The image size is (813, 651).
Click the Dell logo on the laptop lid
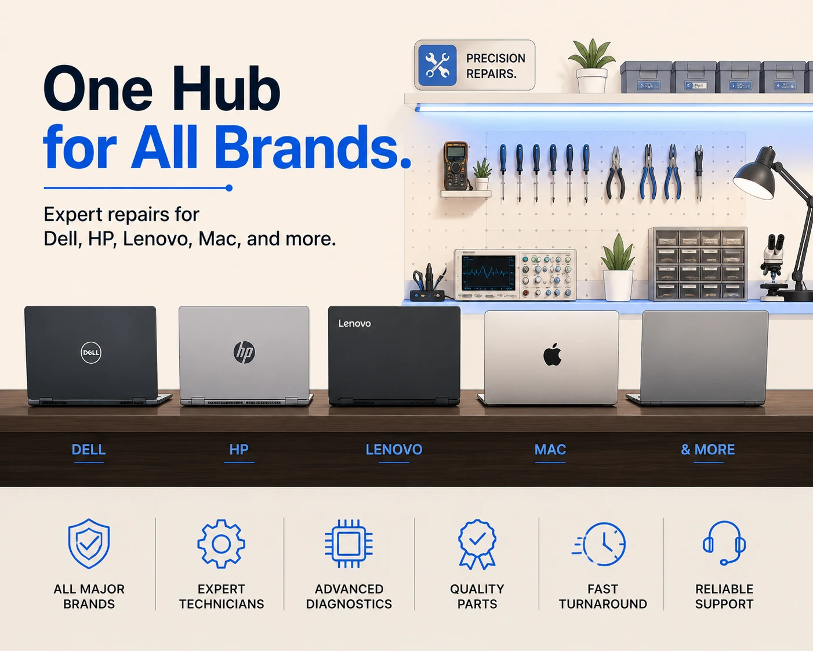[91, 352]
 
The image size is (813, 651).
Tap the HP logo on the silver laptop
[244, 352]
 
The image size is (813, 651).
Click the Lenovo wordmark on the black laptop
[354, 323]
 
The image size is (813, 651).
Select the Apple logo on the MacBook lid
[552, 355]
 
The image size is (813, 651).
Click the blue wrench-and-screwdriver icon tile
[437, 66]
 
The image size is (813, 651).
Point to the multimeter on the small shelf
[456, 165]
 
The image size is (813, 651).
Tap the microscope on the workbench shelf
[772, 267]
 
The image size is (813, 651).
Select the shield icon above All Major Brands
[89, 543]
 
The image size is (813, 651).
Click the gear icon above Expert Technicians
[221, 544]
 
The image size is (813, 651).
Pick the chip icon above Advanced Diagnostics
[349, 544]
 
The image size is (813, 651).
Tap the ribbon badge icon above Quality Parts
[477, 544]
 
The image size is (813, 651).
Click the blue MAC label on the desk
[550, 450]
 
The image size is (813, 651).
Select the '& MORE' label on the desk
[707, 450]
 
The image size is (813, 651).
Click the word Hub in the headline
[226, 89]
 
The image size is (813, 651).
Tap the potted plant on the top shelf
[591, 66]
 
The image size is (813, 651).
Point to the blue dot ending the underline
[229, 188]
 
